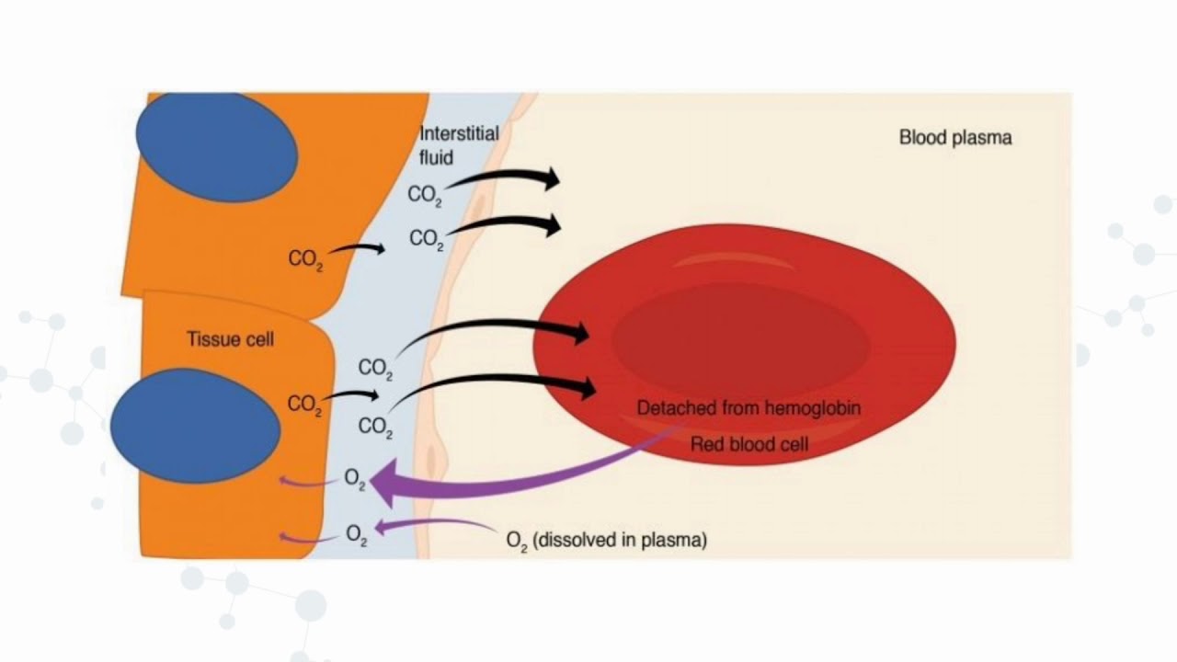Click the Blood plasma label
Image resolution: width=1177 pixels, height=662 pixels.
click(x=954, y=138)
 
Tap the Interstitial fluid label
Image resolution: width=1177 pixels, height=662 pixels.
click(x=459, y=144)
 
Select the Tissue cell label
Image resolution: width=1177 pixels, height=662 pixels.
click(x=230, y=339)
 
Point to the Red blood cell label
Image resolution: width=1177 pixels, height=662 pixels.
click(x=749, y=445)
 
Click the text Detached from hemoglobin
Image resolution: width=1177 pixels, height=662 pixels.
click(x=748, y=407)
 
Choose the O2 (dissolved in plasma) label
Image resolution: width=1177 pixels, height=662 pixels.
click(x=606, y=541)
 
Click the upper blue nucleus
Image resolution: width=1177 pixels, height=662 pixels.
click(x=217, y=147)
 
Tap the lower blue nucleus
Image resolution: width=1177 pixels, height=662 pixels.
click(x=195, y=426)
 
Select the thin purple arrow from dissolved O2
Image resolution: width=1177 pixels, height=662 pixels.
click(x=432, y=524)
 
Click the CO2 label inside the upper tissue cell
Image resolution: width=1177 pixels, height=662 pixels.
click(x=306, y=260)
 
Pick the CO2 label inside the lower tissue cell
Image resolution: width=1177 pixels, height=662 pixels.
click(x=304, y=405)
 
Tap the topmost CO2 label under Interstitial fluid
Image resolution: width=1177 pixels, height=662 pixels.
click(x=425, y=195)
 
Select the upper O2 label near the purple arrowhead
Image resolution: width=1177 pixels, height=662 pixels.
click(x=356, y=478)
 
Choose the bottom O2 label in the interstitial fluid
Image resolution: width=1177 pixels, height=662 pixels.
click(x=357, y=534)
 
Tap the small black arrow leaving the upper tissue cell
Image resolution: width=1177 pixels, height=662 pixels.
click(x=359, y=248)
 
